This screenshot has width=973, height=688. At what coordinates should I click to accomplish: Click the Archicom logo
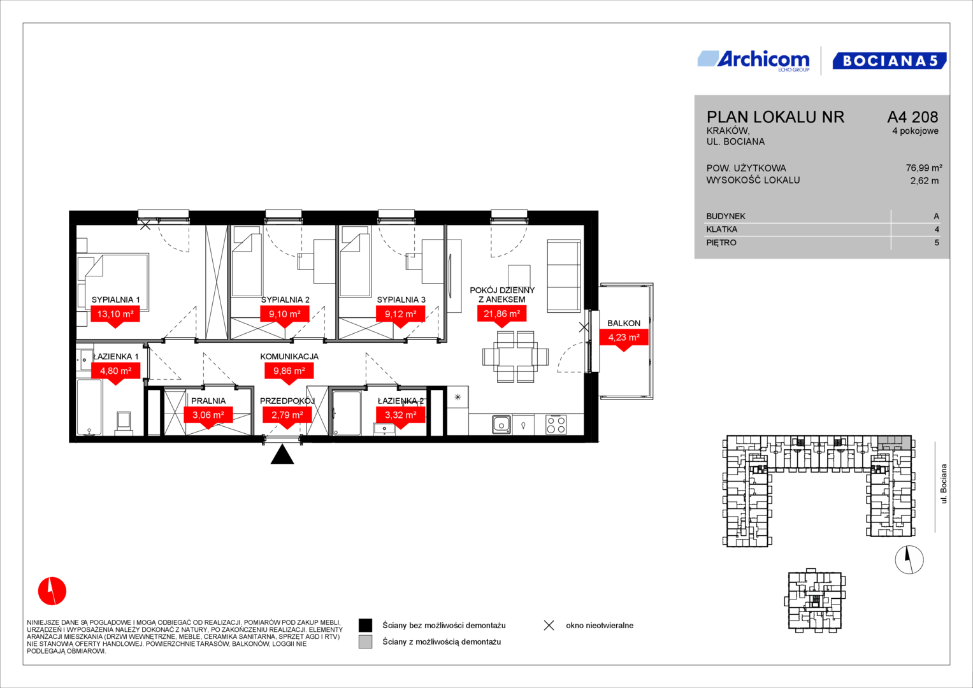[x=754, y=61]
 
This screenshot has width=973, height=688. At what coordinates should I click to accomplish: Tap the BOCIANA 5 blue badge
[x=889, y=61]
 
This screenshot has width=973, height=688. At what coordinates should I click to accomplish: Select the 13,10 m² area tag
[x=115, y=314]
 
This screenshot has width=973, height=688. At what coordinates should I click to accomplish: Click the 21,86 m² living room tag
[x=501, y=313]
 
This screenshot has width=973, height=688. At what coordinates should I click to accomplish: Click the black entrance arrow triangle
[x=282, y=454]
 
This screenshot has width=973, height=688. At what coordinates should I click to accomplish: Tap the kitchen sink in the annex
[x=501, y=425]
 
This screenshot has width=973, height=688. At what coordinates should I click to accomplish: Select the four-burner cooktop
[x=556, y=425]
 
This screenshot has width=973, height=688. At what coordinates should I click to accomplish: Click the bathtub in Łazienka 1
[x=89, y=407]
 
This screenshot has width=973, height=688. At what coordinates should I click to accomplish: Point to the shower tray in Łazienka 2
[x=347, y=413]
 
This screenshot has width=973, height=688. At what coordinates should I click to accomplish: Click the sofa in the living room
[x=564, y=276]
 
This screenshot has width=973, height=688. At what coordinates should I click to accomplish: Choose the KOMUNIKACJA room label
[x=289, y=357]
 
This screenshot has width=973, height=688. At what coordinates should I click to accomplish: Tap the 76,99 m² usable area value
[x=924, y=168]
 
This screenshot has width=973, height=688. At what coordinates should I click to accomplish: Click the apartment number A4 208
[x=912, y=117]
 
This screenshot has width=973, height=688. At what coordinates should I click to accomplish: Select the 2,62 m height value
[x=925, y=181]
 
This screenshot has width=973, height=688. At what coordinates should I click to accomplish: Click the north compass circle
[x=909, y=560]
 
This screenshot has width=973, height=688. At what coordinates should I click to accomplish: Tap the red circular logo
[x=52, y=591]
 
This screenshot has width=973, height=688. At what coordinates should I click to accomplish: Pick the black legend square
[x=365, y=626]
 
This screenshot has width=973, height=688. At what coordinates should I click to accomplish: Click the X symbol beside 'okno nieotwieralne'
[x=549, y=626]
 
